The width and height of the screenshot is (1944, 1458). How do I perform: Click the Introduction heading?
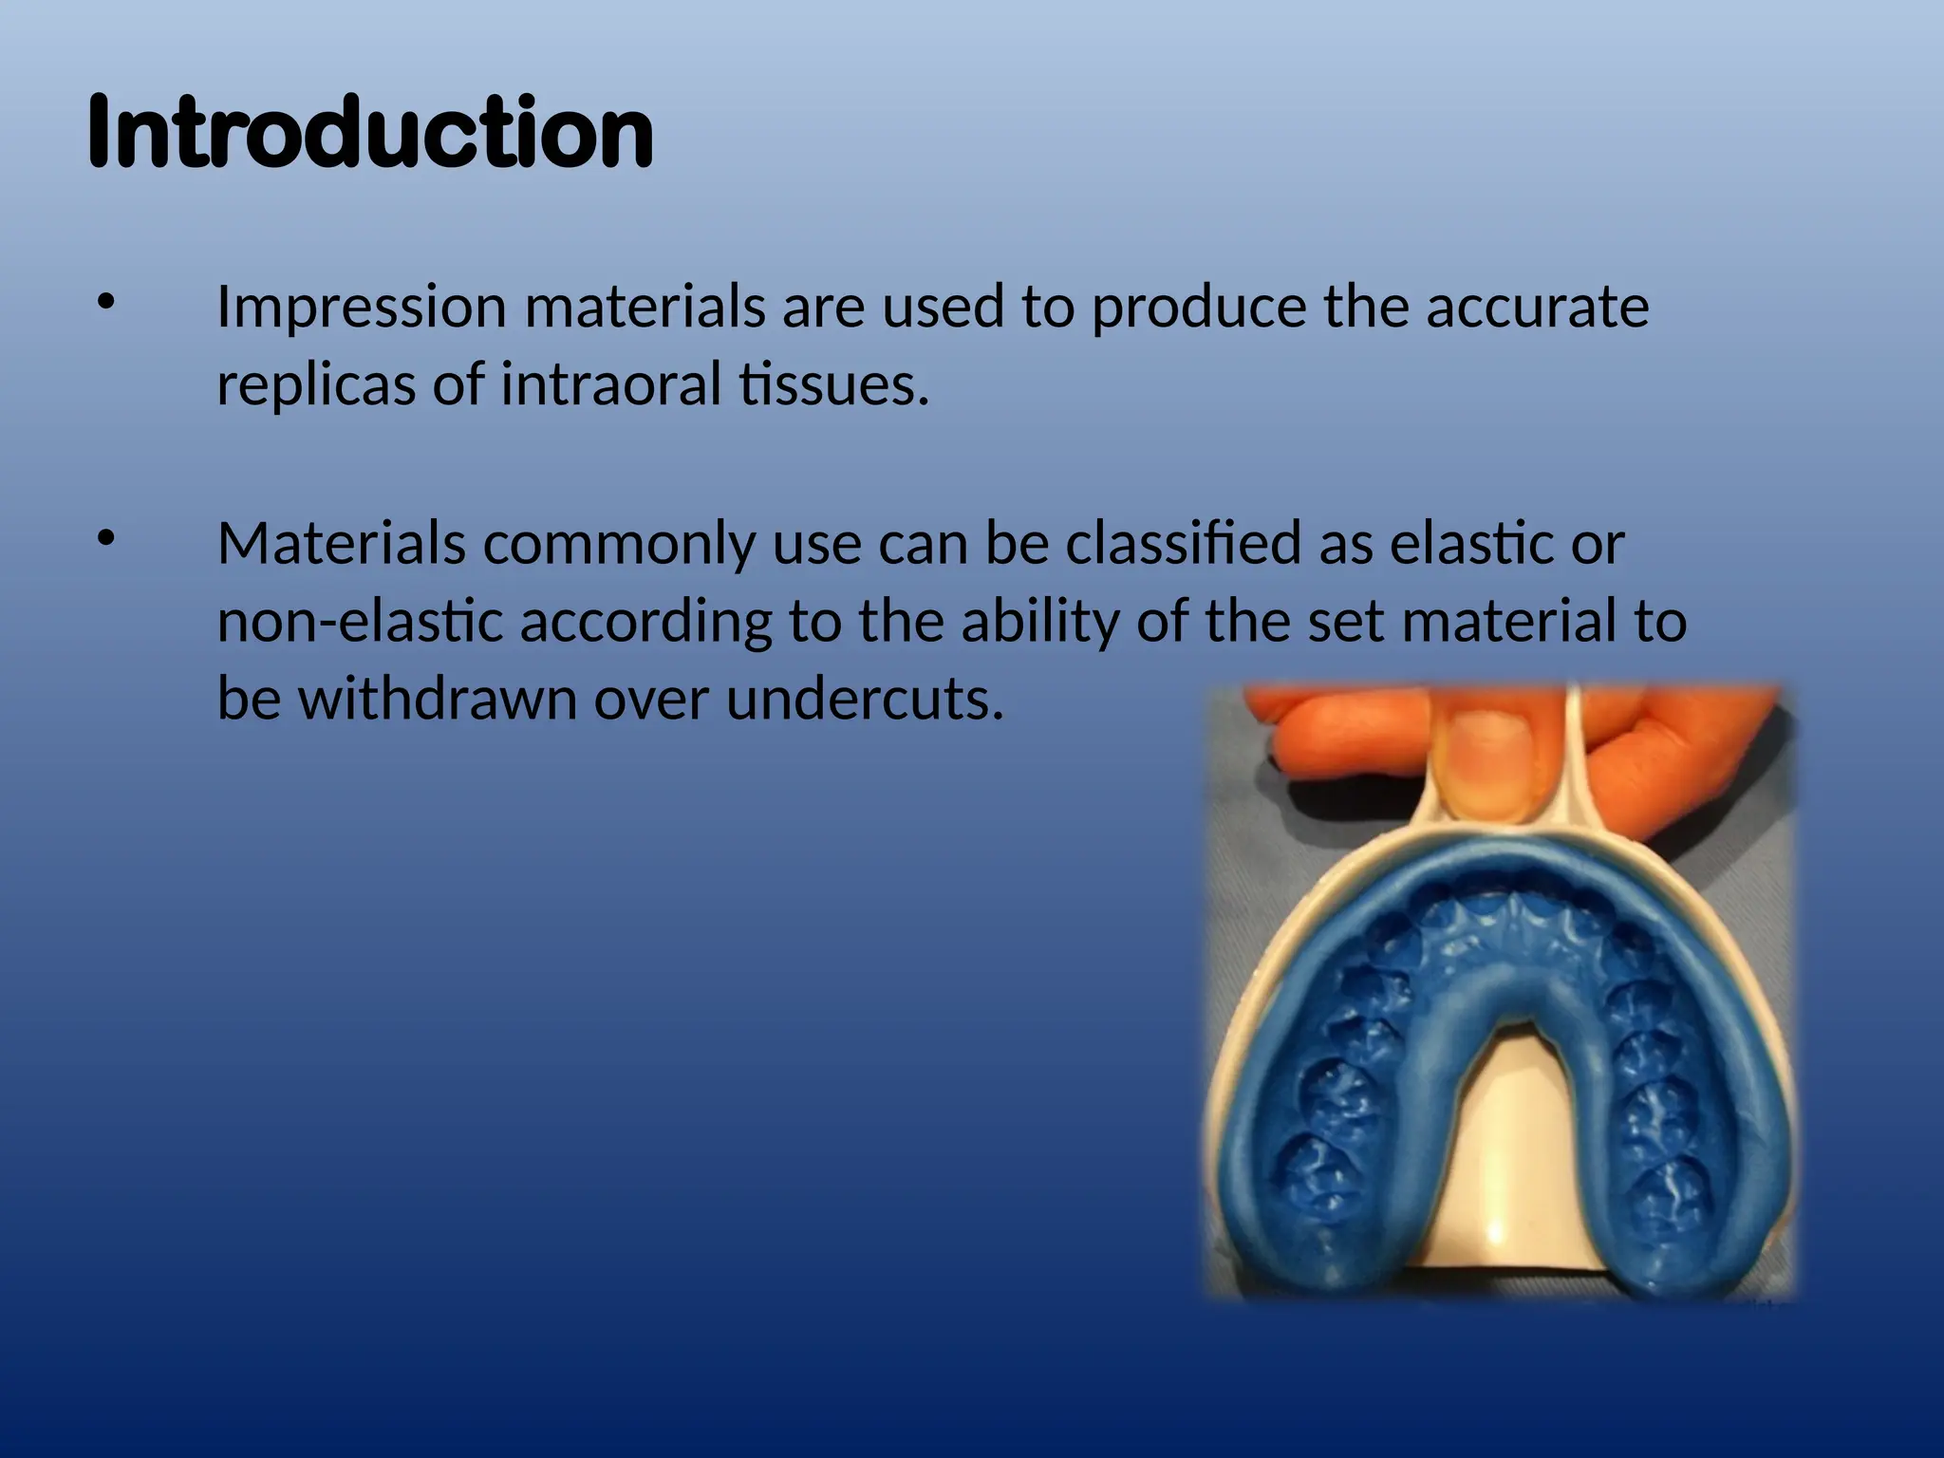tap(370, 133)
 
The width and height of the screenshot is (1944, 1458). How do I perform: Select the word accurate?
tap(1537, 308)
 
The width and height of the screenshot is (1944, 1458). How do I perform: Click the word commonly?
tap(618, 545)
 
